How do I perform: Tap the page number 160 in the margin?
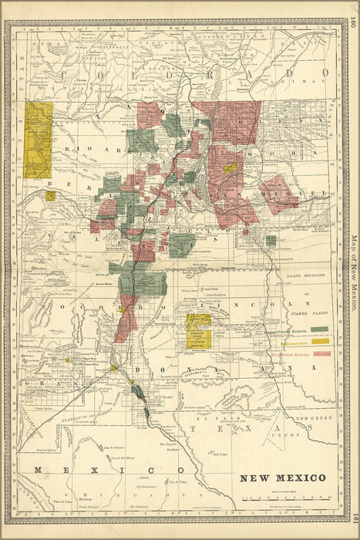[x=352, y=23]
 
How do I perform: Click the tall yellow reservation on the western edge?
[x=38, y=139]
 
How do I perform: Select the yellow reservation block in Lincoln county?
[x=199, y=331]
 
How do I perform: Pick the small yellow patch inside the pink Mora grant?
[x=230, y=167]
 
